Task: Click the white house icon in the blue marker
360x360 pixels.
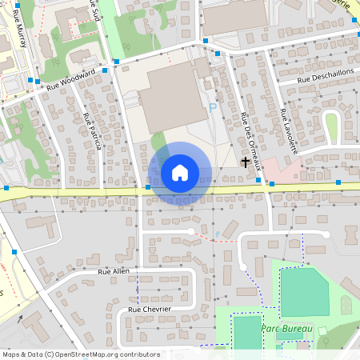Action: click(180, 172)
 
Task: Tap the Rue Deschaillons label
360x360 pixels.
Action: click(326, 78)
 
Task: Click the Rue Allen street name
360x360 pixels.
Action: click(114, 272)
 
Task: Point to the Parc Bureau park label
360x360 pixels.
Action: click(286, 329)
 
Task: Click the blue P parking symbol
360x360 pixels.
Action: click(212, 107)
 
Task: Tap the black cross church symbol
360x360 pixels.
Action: click(245, 162)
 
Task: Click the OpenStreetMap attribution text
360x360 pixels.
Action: click(82, 354)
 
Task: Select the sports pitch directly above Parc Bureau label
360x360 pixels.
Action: click(304, 292)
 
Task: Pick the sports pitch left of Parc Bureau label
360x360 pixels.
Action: click(247, 333)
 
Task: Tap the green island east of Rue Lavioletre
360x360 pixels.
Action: click(332, 125)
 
